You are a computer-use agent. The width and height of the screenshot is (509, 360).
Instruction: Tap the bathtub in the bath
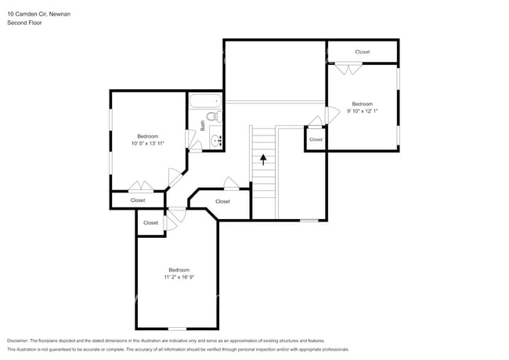(205, 101)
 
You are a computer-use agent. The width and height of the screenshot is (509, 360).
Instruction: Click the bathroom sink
(215, 142)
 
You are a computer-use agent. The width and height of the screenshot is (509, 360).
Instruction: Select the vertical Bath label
(202, 124)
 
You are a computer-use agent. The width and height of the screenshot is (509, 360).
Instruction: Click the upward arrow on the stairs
(264, 160)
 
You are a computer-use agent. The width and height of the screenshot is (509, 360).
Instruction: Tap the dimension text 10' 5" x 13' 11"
(148, 143)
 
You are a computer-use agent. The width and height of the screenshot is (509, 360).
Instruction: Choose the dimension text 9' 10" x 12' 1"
(362, 111)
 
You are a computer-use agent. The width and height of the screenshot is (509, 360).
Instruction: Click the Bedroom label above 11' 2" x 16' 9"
(179, 270)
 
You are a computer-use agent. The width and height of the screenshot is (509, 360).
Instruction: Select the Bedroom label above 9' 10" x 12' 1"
(362, 104)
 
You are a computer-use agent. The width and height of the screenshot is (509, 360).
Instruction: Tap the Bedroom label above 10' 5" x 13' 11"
(148, 136)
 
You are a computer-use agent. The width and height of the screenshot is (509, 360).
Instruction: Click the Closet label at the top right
(362, 52)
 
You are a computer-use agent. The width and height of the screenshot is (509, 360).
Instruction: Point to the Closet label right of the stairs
(316, 139)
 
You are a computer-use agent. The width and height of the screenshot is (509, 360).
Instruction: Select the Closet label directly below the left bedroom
(138, 200)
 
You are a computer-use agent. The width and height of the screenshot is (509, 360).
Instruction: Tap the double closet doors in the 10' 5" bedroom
(141, 186)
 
